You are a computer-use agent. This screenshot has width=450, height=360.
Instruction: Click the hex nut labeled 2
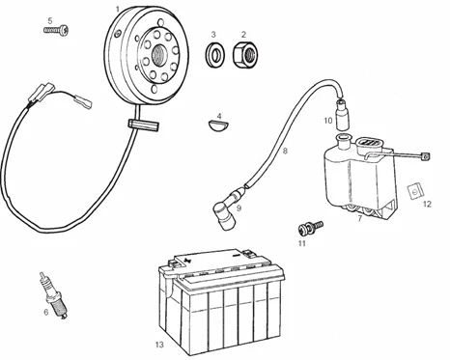click(x=245, y=55)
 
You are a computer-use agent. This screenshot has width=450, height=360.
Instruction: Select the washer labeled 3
click(x=215, y=54)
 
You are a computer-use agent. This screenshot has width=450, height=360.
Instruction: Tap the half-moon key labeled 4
click(x=218, y=125)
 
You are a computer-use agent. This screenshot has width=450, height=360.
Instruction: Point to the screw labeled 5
click(x=56, y=30)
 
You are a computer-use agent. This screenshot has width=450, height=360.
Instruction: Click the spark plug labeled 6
click(x=54, y=296)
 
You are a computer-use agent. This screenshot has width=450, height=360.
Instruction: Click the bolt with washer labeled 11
click(x=311, y=227)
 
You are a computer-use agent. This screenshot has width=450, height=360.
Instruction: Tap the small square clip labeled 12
click(x=415, y=191)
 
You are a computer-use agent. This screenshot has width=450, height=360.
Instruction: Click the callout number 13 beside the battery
click(x=159, y=345)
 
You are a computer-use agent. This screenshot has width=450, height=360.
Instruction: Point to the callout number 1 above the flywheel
click(x=118, y=10)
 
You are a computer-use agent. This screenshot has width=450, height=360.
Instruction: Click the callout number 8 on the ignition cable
click(x=285, y=151)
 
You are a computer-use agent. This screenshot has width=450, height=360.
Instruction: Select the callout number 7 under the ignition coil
click(x=360, y=219)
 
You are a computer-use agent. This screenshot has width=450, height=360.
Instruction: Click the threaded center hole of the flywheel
click(x=159, y=53)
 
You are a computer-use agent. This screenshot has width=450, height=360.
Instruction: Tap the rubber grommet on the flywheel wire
click(x=144, y=125)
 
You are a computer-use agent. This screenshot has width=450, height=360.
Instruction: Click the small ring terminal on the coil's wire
click(x=426, y=156)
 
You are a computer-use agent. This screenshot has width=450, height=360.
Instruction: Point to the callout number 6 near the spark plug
click(x=46, y=312)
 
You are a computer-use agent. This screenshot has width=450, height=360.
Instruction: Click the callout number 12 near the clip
click(x=427, y=204)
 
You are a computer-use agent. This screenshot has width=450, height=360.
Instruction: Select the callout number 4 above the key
click(x=219, y=116)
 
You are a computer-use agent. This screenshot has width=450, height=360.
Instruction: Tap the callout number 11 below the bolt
click(x=301, y=243)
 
